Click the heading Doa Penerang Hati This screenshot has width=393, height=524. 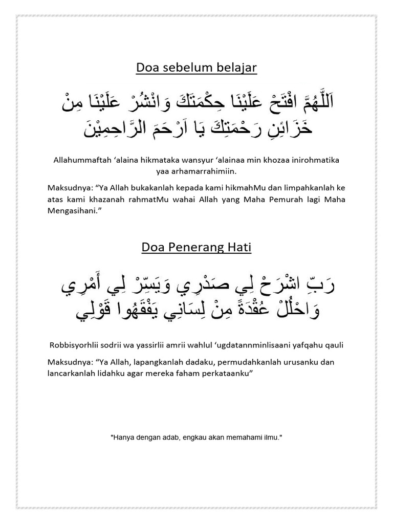coord(196,248)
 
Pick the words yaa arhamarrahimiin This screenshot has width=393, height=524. coord(196,171)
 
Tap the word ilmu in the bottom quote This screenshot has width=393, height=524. coord(271,439)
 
